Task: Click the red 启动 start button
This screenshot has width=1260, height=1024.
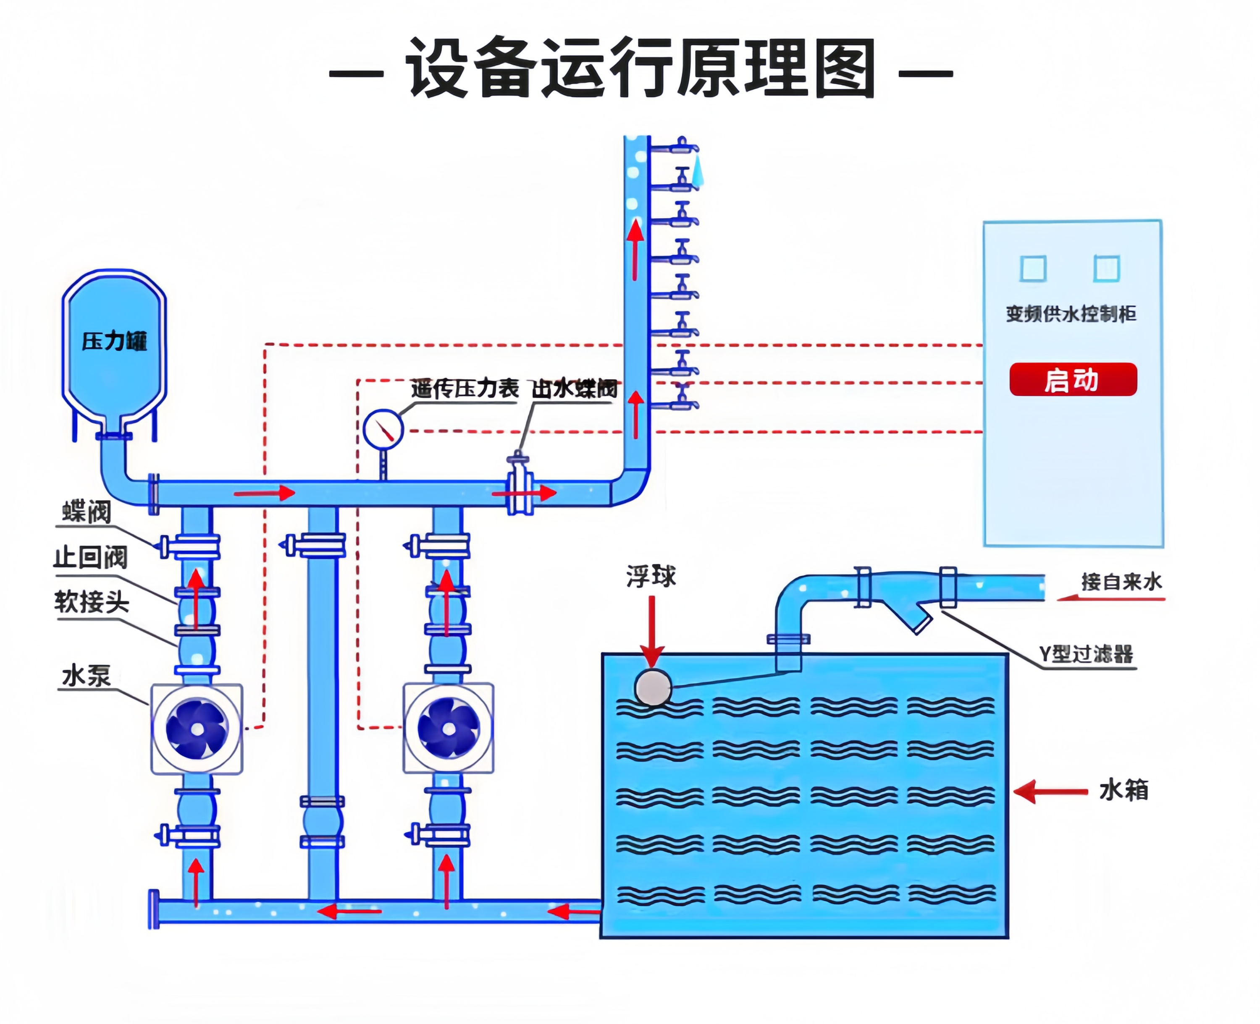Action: pos(1072,379)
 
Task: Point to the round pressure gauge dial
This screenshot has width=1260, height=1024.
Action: pos(383,429)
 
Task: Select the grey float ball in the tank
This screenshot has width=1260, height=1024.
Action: pos(653,687)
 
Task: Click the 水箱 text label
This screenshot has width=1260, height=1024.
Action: pos(1123,790)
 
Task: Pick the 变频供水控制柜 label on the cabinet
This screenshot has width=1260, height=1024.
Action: pos(1071,314)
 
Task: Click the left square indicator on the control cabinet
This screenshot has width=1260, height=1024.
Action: pos(1033,269)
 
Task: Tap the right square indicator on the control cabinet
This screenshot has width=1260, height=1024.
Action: pos(1107,269)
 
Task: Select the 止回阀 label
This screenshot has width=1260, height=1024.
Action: pos(90,557)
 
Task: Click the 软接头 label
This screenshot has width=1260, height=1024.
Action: pos(92,602)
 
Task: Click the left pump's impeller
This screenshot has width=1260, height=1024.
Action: pos(197,729)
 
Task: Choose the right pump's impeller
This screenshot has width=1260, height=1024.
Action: pos(449,729)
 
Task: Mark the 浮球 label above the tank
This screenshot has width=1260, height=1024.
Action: pos(651,576)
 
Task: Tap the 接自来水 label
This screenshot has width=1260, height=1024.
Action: pos(1121,582)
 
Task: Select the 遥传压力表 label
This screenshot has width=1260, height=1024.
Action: pos(465,388)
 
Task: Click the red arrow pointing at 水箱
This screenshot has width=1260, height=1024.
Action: pos(1050,791)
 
